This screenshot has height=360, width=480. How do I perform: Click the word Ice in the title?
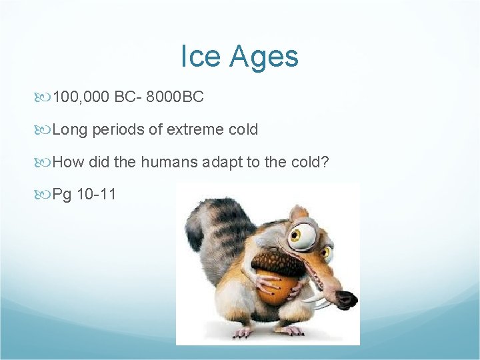(x=197, y=57)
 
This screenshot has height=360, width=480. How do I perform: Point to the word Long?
(x=70, y=129)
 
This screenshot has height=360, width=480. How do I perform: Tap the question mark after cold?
(x=325, y=162)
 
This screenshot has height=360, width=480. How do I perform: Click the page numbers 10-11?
(x=97, y=195)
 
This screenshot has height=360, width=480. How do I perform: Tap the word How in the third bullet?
(x=67, y=162)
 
